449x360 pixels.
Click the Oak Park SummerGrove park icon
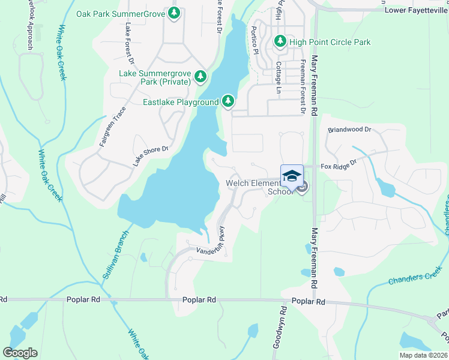[174, 13]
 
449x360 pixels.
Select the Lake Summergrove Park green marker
[200, 76]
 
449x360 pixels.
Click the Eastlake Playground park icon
[228, 101]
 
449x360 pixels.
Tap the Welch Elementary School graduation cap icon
[292, 176]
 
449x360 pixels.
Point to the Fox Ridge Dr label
[339, 163]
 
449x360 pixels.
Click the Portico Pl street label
[255, 41]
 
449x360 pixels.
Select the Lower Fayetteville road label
[416, 10]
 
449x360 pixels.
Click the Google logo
[20, 353]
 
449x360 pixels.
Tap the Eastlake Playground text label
[180, 102]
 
